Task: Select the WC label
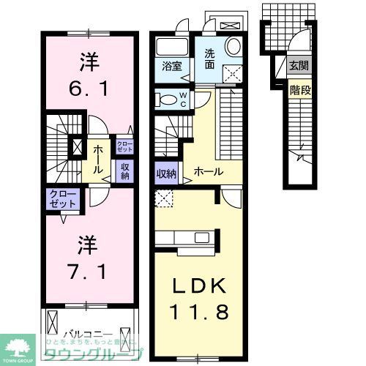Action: [x=184, y=99]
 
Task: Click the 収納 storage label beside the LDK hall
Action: [x=166, y=173]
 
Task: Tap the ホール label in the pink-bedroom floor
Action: [x=97, y=155]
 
